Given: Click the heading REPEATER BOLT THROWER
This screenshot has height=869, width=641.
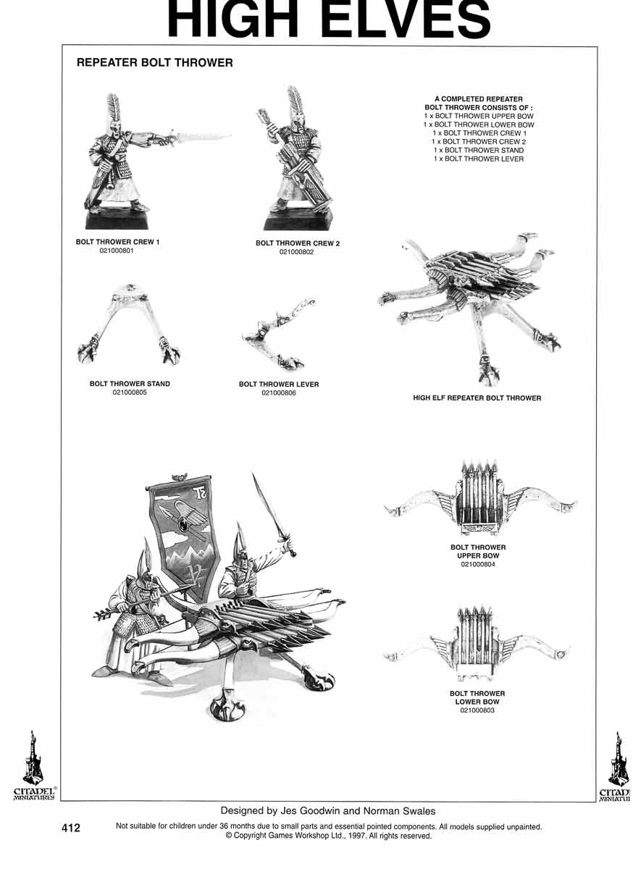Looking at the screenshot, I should click(x=154, y=63).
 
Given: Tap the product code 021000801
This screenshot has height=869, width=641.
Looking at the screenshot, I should click(x=117, y=251).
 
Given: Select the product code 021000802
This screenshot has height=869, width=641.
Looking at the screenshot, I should click(x=297, y=252).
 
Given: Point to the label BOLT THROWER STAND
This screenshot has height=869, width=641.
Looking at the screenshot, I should click(x=130, y=384).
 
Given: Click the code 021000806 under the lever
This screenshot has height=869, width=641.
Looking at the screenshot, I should click(x=279, y=393).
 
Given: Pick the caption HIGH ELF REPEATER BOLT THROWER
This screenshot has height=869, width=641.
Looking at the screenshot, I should click(x=477, y=398).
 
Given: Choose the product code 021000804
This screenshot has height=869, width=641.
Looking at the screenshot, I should click(x=478, y=564).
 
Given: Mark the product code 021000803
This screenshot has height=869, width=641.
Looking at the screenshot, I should click(x=478, y=710).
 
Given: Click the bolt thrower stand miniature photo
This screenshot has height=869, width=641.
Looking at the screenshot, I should click(x=129, y=326).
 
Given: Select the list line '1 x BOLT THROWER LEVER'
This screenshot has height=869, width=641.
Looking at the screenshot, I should click(x=478, y=159).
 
